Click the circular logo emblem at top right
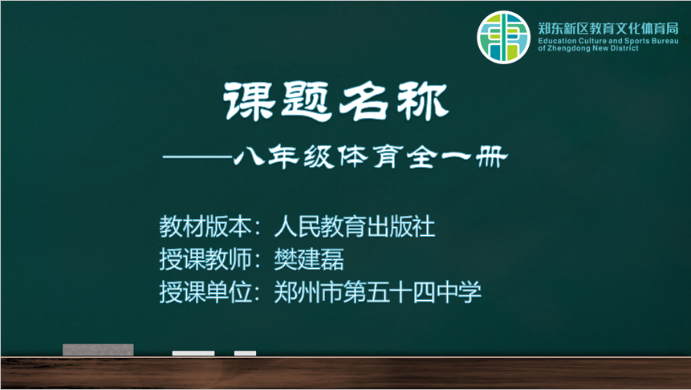[x=503, y=38]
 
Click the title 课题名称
[x=336, y=102]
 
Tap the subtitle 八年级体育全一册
[x=371, y=156]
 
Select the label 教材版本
[x=205, y=226]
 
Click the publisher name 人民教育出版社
[x=355, y=226]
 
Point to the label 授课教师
[x=205, y=259]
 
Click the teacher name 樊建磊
[x=309, y=259]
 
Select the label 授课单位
[x=205, y=292]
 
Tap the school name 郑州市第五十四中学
[x=378, y=292]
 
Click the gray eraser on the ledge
[x=98, y=349]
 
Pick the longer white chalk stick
[x=193, y=353]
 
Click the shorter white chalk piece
[x=245, y=353]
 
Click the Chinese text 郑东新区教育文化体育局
[x=608, y=29]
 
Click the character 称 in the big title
[x=423, y=102]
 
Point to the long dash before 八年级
[x=198, y=156]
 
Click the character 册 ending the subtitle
[x=492, y=156]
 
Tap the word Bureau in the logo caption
[x=665, y=41]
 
